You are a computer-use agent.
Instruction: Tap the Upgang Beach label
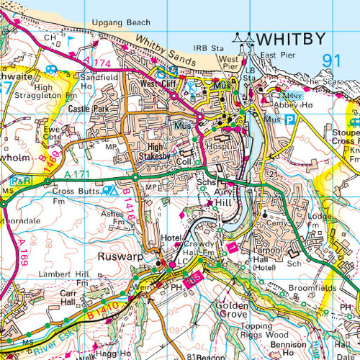pos(117,23)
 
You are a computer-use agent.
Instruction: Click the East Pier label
pos(277,55)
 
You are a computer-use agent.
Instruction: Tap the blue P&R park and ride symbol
pos(22,181)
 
